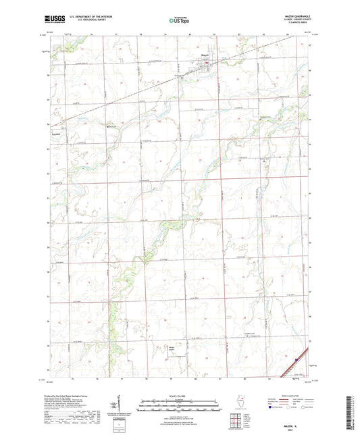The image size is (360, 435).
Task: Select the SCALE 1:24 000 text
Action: pos(179,396)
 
